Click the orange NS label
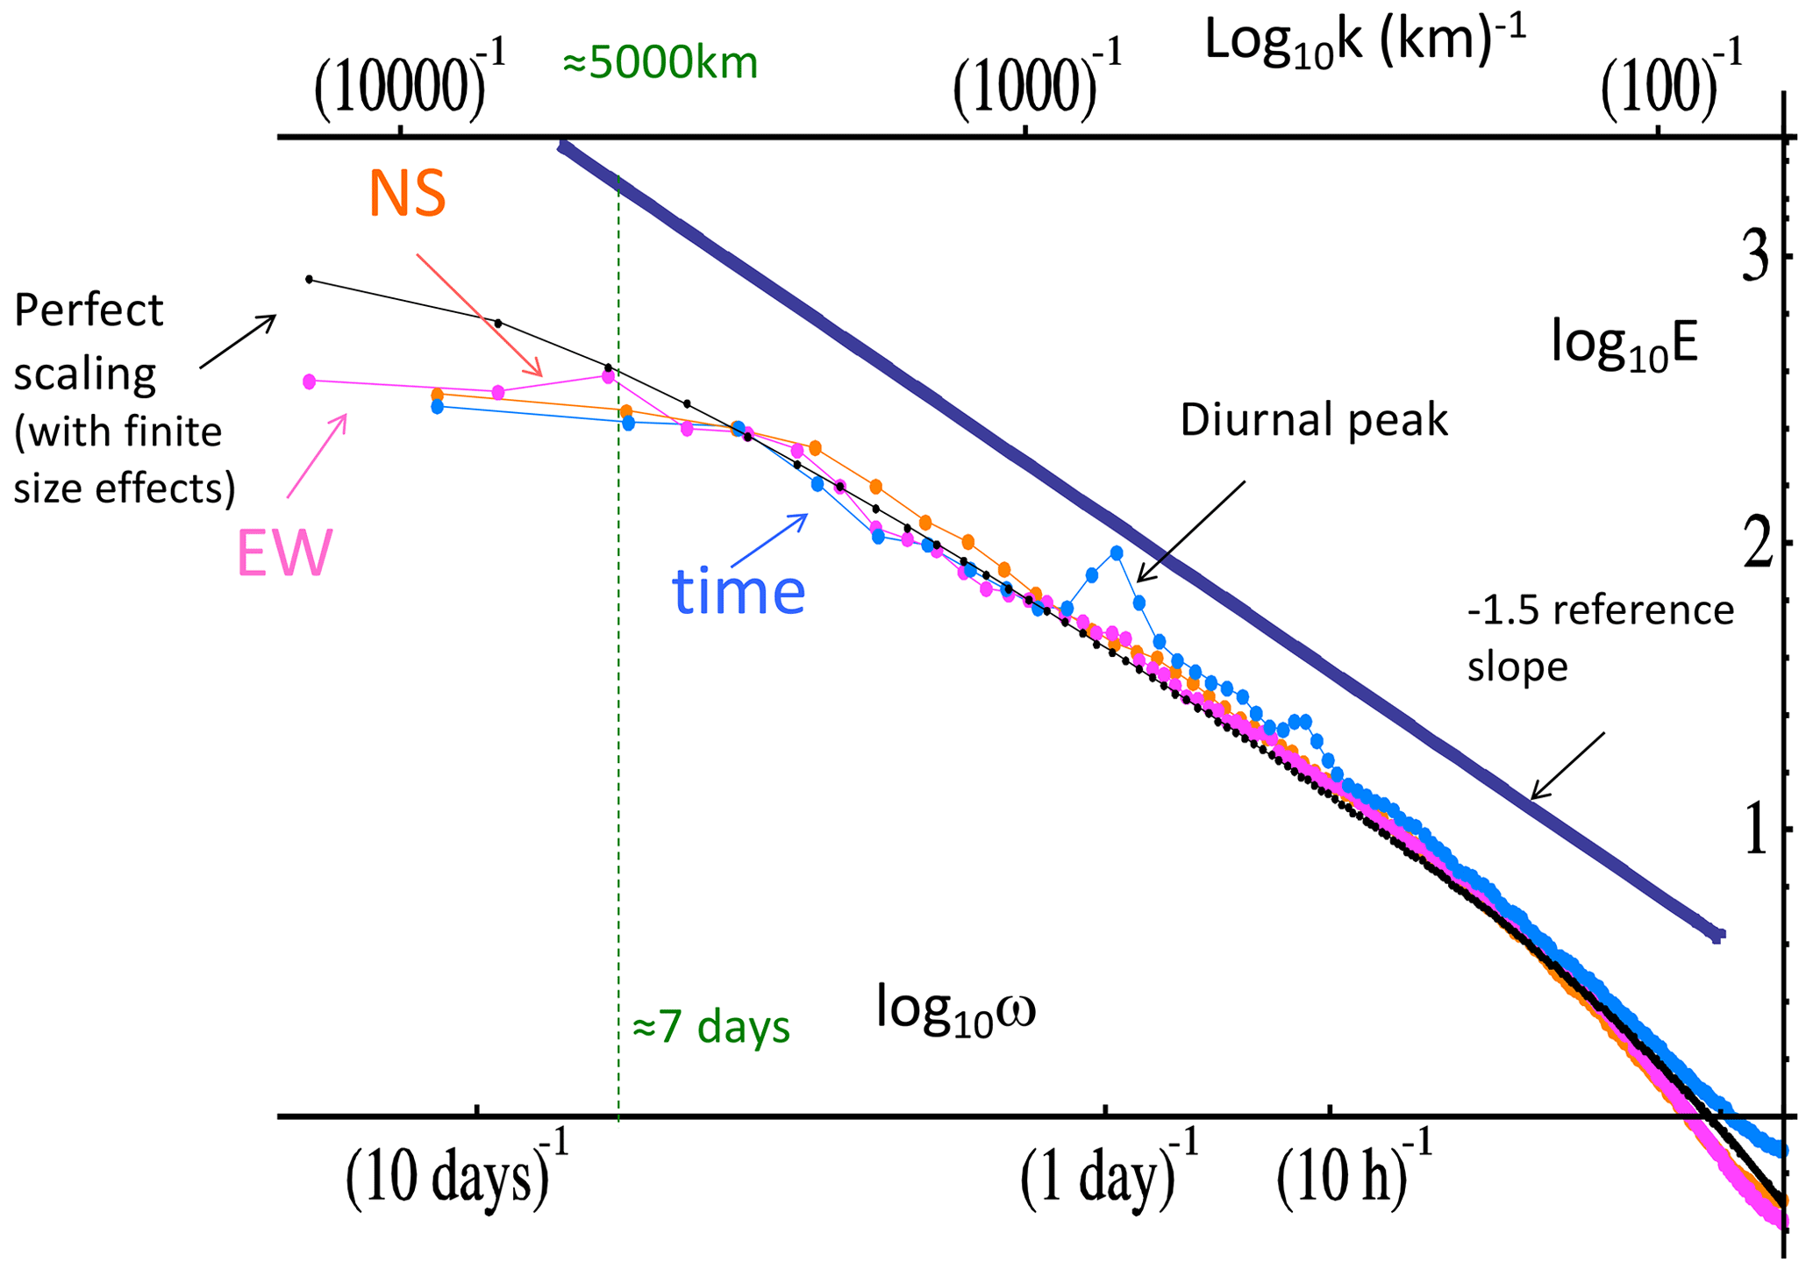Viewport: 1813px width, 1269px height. click(408, 194)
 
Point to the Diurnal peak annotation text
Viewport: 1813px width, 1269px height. click(1313, 420)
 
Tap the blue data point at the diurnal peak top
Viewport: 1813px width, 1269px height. click(1117, 553)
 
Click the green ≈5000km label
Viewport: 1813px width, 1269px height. click(660, 64)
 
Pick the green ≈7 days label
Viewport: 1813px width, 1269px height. click(710, 1025)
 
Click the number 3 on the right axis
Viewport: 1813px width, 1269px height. click(1754, 260)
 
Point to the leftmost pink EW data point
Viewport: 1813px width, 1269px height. click(309, 381)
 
